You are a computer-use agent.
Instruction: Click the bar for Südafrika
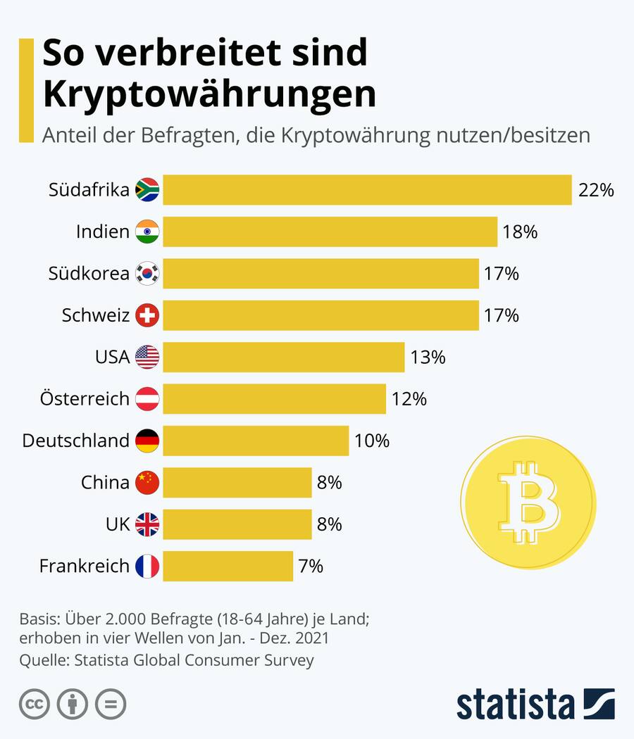click(x=366, y=190)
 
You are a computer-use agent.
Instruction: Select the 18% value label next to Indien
click(x=520, y=232)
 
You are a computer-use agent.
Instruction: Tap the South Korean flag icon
click(x=147, y=274)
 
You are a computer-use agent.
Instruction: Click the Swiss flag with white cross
click(x=147, y=315)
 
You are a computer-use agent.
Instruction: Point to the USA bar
click(x=283, y=357)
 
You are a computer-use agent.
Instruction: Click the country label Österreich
click(x=85, y=399)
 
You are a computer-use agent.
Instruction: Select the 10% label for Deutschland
click(x=372, y=441)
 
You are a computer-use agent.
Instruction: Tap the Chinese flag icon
click(x=147, y=483)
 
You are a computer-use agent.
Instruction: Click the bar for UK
click(x=237, y=524)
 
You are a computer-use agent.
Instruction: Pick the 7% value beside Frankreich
click(x=311, y=566)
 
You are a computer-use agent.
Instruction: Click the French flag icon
click(x=147, y=566)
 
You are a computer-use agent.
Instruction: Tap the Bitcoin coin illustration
click(x=528, y=502)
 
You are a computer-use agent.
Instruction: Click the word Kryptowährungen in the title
click(x=209, y=94)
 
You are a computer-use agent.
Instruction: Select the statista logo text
click(x=515, y=704)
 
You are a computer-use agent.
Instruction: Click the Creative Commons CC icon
click(x=33, y=704)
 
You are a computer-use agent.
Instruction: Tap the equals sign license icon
click(x=111, y=704)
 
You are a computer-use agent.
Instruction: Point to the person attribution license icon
click(x=72, y=704)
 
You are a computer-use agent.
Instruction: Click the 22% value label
click(x=596, y=190)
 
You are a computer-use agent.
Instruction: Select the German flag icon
click(x=147, y=441)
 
